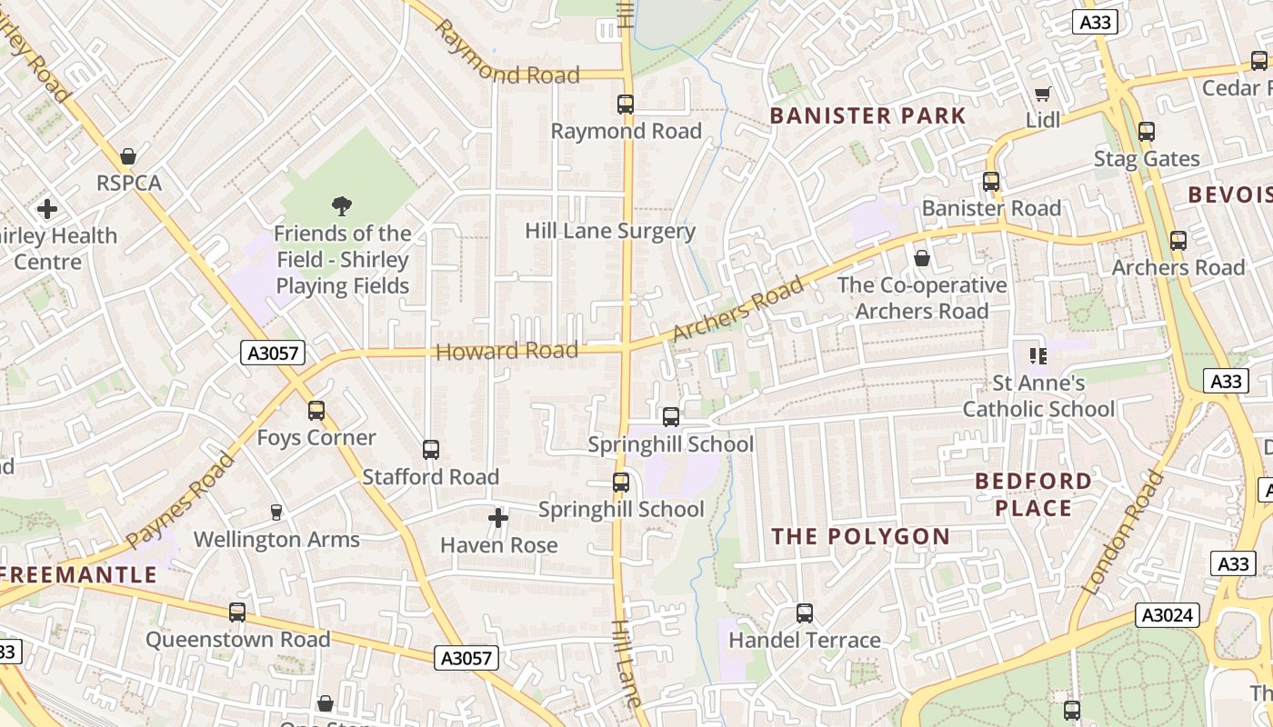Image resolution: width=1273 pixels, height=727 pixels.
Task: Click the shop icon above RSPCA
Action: coord(128,156)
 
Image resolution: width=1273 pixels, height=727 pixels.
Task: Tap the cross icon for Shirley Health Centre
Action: coord(47,209)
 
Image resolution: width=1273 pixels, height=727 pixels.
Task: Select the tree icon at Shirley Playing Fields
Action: coord(342,206)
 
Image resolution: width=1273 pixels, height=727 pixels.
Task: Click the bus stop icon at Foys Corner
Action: coord(316,411)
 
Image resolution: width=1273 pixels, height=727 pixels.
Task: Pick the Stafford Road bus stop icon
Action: coord(431,450)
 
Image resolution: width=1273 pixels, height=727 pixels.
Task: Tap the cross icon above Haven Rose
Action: coord(498,518)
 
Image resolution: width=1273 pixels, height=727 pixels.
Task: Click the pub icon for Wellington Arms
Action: coord(276,513)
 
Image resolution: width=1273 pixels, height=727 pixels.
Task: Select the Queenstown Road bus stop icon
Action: coord(237,612)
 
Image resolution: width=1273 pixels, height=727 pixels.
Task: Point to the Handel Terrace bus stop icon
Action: coord(805,613)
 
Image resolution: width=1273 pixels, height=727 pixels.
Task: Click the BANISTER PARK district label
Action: coord(867,116)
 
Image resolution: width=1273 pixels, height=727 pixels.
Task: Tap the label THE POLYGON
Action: coord(860,537)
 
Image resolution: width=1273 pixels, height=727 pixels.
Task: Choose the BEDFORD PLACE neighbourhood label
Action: coord(1034,494)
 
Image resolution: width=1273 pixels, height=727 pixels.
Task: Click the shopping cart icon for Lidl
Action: coord(1043,95)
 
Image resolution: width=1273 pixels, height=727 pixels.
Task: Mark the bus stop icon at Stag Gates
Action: coord(1147,132)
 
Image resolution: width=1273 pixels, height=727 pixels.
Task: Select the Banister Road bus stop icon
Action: coord(991,182)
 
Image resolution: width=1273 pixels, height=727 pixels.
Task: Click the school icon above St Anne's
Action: coord(1037,356)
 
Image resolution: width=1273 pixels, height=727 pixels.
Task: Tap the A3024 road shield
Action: coord(1167,615)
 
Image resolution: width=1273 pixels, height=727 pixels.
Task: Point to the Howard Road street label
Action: coord(507,351)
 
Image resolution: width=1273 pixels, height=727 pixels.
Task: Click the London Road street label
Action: coord(1125,532)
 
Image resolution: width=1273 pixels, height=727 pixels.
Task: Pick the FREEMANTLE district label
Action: coord(79,575)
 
